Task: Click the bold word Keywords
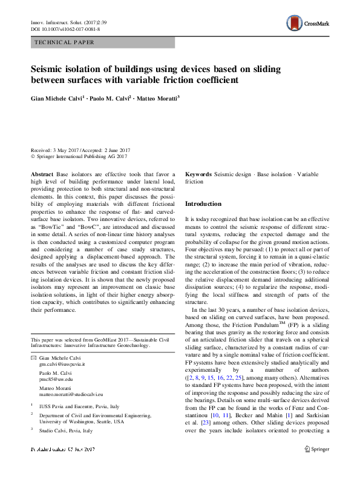(198, 173)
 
